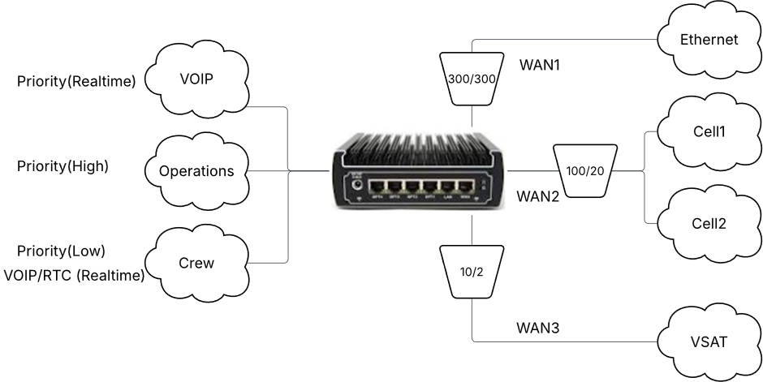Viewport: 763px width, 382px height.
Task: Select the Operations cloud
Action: (x=196, y=171)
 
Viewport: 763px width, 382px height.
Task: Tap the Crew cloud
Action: (x=197, y=263)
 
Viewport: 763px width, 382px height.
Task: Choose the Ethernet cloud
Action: (x=709, y=39)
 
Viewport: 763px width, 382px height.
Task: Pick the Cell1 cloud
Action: (x=709, y=130)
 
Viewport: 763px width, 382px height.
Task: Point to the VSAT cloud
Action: (x=709, y=341)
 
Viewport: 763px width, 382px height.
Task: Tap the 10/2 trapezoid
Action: (x=471, y=273)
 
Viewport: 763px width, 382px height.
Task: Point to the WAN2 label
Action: (x=537, y=195)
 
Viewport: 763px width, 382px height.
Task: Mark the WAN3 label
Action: (x=539, y=328)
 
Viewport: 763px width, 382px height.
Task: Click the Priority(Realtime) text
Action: (x=76, y=80)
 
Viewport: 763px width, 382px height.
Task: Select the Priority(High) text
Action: (x=63, y=166)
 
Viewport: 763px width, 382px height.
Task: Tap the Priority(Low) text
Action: (x=61, y=251)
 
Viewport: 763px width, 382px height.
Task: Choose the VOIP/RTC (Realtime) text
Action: (x=74, y=276)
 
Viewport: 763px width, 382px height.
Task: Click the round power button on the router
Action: (x=355, y=187)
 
